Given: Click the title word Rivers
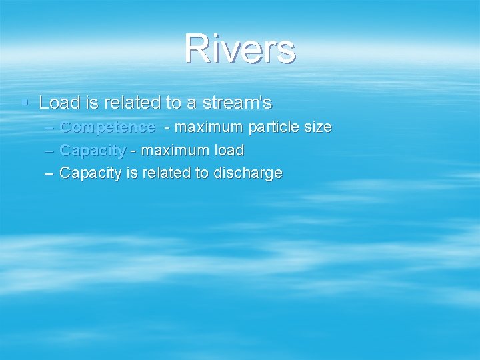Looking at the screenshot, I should click(240, 49).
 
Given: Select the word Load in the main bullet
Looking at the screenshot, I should click(58, 103).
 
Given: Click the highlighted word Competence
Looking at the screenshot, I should click(107, 127).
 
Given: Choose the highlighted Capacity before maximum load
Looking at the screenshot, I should click(92, 150).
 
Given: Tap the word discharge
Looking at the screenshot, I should click(247, 173).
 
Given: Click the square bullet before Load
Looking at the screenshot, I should click(25, 103).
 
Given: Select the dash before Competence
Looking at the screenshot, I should click(50, 127).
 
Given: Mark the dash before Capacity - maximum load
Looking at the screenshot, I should click(50, 150).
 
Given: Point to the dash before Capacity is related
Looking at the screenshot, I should click(50, 173).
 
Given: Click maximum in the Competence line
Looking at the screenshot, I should click(207, 127).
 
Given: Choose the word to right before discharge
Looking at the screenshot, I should click(201, 173).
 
